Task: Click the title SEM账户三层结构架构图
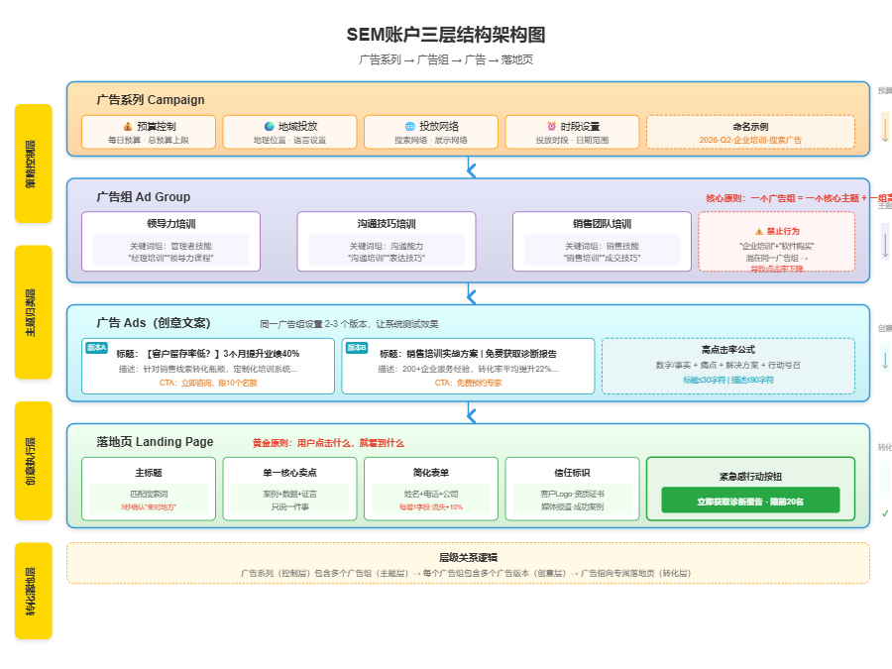pos(446,35)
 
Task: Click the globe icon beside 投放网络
pos(410,127)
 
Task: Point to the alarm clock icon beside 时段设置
pos(551,127)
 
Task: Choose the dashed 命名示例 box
pos(750,132)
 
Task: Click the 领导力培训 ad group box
pos(170,241)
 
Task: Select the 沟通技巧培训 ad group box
pos(387,241)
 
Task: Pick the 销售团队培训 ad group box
pos(602,241)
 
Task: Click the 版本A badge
pos(96,348)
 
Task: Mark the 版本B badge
pos(356,348)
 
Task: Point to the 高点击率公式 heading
pos(727,350)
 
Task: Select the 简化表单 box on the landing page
pos(430,489)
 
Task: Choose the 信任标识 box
pos(572,489)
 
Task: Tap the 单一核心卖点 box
pos(289,489)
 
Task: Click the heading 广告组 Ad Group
pos(143,197)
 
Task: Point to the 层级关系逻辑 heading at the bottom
pos(468,557)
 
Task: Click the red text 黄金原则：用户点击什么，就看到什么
pos(328,443)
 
